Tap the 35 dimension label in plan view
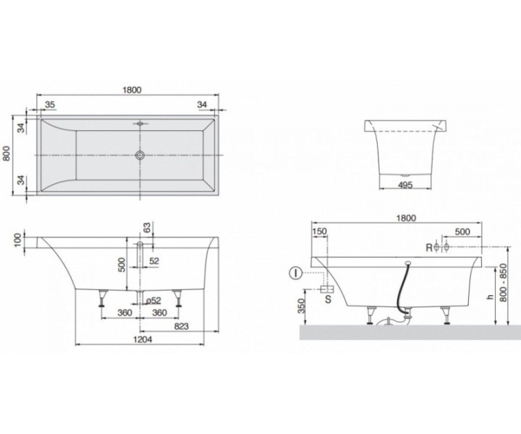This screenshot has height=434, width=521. [x=50, y=105]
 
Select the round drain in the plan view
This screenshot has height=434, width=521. [x=140, y=155]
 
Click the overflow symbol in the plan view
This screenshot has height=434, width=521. [x=140, y=123]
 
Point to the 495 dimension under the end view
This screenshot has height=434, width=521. [x=405, y=185]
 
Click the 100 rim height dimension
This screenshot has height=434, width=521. [x=18, y=240]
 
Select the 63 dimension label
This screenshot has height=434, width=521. [x=148, y=227]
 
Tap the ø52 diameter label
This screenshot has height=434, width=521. [x=154, y=301]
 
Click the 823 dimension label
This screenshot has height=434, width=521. [x=181, y=326]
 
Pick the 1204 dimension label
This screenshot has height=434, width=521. [x=142, y=339]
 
